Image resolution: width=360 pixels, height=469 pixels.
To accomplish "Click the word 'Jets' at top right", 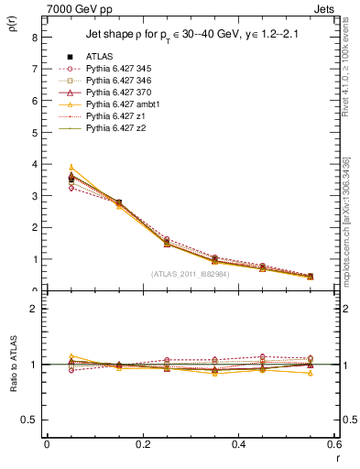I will pyautogui.click(x=323, y=8).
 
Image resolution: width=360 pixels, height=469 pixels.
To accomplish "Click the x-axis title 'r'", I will pyautogui.click(x=337, y=456).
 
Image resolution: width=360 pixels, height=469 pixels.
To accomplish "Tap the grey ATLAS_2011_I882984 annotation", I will pyautogui.click(x=190, y=274).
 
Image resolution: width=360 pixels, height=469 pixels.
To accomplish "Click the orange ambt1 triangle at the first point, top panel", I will pyautogui.click(x=71, y=168).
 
